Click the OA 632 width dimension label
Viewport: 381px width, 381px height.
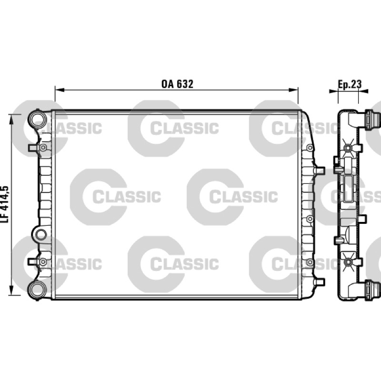click(x=177, y=84)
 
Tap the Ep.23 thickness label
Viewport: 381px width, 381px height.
click(x=350, y=84)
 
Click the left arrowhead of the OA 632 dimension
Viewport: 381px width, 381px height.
click(x=60, y=90)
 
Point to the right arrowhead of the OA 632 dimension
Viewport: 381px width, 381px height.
click(x=293, y=90)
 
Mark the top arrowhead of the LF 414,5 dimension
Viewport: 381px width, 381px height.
click(x=11, y=120)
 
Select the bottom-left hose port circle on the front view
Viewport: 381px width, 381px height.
click(x=38, y=291)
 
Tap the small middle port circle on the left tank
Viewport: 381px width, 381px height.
click(x=41, y=234)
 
